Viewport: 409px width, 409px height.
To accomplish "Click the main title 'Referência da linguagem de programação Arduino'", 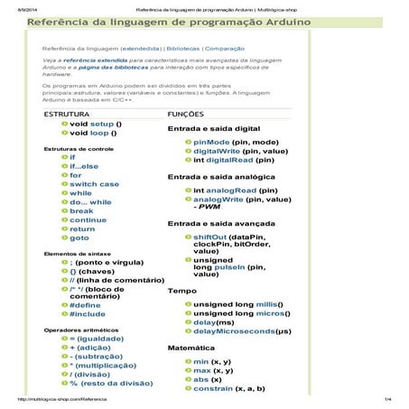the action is [x=169, y=21].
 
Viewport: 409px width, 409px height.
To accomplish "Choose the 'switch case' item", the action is [x=95, y=183].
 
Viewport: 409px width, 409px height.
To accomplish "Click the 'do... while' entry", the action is [x=91, y=201].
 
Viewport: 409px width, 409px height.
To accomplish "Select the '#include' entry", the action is [x=88, y=313].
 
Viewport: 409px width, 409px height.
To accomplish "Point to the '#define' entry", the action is [x=86, y=304].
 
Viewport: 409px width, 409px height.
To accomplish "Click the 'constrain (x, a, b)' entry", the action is [x=228, y=387].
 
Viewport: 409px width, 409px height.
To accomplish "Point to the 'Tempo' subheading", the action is [x=181, y=292].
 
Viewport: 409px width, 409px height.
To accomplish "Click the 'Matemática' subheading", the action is [x=191, y=347].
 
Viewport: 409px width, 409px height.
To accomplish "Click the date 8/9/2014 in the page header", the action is [x=17, y=5].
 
